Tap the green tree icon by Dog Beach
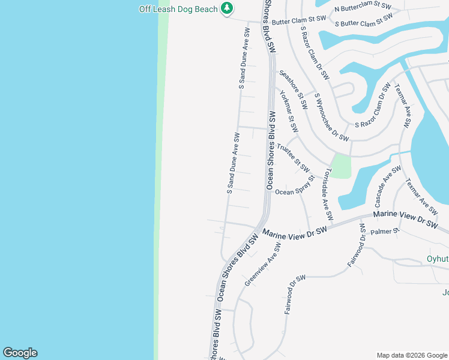click(226, 8)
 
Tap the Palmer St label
click(385, 231)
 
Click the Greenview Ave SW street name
click(262, 265)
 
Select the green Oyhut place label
click(437, 259)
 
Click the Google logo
click(20, 353)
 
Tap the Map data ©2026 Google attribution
click(411, 355)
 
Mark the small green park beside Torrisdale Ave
click(340, 166)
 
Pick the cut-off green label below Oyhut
click(445, 293)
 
